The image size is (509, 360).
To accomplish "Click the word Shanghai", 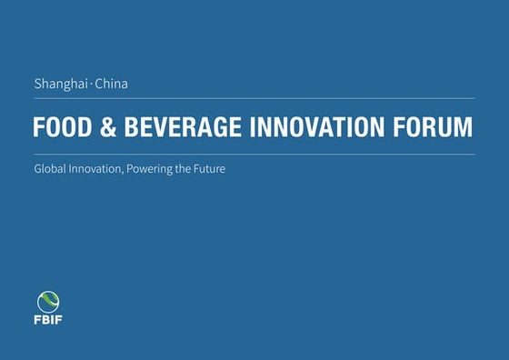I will (60, 85).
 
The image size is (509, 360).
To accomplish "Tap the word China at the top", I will (111, 85).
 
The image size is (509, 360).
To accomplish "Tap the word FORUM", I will (434, 127).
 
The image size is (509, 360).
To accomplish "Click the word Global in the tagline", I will (51, 170).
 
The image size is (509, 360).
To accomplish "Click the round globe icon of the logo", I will (48, 303).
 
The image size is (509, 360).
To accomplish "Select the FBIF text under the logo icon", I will (48, 321).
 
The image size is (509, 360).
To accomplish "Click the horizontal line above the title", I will (254, 98).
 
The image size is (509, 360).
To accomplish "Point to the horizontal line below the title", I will (254, 155).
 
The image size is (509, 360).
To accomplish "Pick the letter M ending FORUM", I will (464, 127).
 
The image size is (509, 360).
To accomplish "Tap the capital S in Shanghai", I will (37, 85).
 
